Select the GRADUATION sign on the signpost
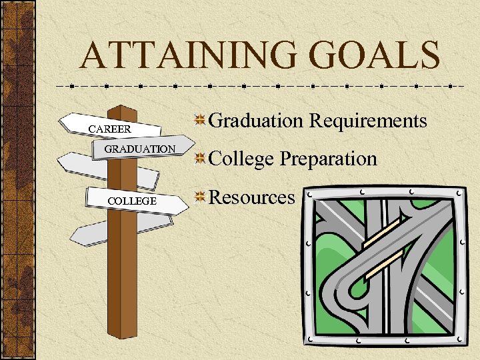(139, 149)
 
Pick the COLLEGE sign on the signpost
(133, 201)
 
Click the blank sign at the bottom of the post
(93, 231)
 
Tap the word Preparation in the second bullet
(329, 159)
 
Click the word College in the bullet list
(241, 159)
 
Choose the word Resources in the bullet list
(252, 197)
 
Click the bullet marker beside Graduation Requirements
(199, 121)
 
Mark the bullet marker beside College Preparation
(199, 159)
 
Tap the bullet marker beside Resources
(199, 197)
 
